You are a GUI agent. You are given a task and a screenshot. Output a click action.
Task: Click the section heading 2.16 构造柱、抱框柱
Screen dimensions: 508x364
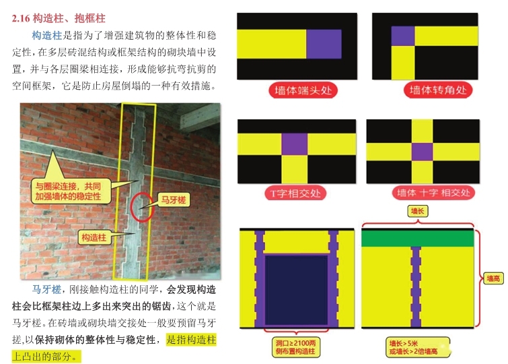click(x=59, y=18)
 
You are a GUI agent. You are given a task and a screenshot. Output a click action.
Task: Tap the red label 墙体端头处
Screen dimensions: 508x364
click(x=303, y=90)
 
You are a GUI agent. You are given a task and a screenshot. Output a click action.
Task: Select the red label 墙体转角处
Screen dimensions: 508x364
click(x=438, y=90)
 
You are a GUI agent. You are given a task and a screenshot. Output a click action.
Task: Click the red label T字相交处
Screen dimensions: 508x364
click(x=295, y=193)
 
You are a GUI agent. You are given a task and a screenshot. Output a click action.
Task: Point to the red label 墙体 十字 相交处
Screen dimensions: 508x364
click(x=433, y=193)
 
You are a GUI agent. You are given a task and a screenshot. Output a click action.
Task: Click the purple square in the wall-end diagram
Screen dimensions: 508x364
click(x=324, y=44)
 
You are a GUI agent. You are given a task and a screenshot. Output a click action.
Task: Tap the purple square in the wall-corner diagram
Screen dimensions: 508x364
click(x=403, y=36)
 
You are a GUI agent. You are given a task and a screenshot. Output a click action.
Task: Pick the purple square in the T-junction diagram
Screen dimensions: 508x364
click(x=294, y=144)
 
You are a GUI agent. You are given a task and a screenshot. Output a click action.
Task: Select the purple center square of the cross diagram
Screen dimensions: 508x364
click(x=422, y=152)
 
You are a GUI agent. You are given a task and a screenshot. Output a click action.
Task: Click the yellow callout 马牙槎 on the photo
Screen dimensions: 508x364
click(x=174, y=200)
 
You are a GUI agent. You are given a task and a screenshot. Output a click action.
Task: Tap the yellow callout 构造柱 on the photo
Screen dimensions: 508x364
click(x=94, y=237)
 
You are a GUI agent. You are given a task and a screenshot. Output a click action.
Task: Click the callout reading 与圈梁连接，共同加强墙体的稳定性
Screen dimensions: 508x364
click(x=68, y=191)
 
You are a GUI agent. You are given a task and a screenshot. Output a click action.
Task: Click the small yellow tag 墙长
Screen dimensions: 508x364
click(x=417, y=212)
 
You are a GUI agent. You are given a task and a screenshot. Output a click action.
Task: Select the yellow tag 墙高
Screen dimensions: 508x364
click(x=493, y=278)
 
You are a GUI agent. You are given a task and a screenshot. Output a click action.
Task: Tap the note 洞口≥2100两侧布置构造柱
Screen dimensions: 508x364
click(x=295, y=346)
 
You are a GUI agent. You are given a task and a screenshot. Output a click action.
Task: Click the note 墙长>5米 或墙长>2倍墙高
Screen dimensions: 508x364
click(x=418, y=347)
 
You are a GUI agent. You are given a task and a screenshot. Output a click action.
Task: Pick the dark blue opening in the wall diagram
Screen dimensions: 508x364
click(x=297, y=290)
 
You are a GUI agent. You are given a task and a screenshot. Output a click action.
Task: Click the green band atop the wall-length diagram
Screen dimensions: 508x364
click(x=418, y=239)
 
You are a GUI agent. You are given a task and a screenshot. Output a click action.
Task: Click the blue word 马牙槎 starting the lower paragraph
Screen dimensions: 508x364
click(x=46, y=289)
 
